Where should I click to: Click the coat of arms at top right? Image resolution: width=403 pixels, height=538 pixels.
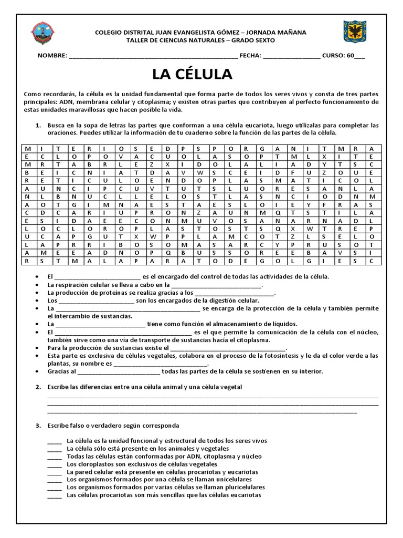coord(355,33)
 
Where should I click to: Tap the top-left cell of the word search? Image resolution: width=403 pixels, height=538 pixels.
coord(27,148)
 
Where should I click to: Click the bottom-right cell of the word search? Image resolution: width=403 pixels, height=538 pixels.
coord(372,260)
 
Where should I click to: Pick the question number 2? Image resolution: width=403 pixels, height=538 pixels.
coord(38,387)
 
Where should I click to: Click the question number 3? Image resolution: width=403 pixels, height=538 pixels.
coord(38,425)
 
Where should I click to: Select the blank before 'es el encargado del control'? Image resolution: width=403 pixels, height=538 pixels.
coord(97,277)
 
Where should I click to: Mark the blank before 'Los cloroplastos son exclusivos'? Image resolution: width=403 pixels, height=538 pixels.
coord(55,464)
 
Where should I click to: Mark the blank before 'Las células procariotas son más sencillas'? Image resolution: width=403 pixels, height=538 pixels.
coord(55,495)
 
